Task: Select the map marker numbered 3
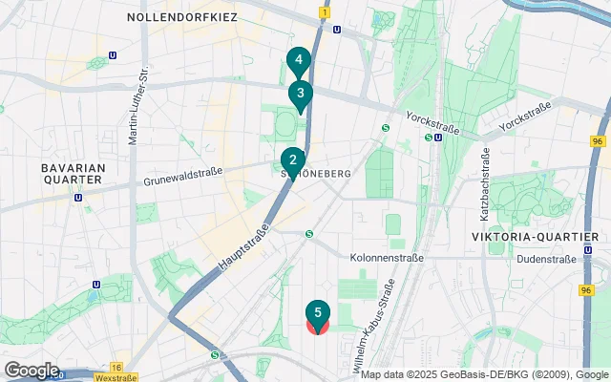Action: point(301,94)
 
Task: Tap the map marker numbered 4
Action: point(299,60)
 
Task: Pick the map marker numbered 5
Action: point(318,313)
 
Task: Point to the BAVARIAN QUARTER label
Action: point(72,173)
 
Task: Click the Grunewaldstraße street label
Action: point(183,177)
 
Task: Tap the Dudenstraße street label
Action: point(546,259)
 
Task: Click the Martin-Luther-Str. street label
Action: point(137,106)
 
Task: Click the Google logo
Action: point(31,371)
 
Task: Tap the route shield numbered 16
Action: point(116,367)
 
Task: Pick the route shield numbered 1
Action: point(325,13)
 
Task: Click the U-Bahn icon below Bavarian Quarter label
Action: point(77,198)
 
